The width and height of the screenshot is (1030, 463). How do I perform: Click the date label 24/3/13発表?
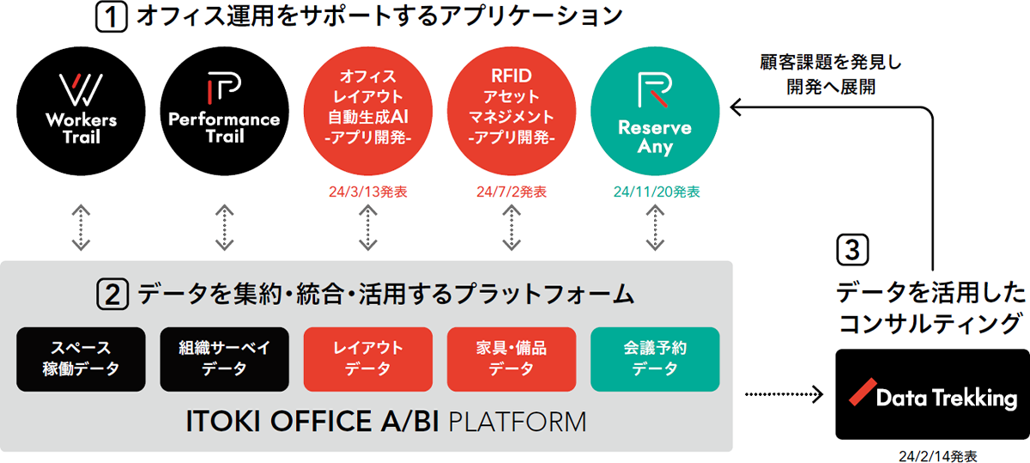coord(367,192)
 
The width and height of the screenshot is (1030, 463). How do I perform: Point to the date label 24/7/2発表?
coord(511,192)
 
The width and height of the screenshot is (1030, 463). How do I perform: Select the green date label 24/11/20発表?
coord(654,192)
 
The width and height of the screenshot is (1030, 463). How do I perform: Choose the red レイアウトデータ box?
coord(367,358)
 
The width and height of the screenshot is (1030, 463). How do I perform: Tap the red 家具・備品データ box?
coord(511,358)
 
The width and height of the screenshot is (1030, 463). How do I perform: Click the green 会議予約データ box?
coord(654,358)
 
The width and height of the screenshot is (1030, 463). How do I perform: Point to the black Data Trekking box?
coord(932,394)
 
